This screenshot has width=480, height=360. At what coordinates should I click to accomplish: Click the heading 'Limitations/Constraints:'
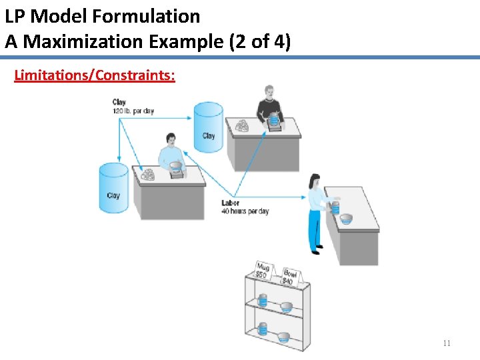95,74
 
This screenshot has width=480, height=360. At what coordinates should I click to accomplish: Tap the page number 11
447,343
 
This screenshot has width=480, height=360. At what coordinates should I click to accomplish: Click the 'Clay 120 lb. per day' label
133,107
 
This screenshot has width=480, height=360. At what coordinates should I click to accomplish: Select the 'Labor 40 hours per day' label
245,207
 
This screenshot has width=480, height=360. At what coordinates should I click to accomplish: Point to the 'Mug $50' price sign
263,271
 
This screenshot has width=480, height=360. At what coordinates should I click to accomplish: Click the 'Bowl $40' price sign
289,276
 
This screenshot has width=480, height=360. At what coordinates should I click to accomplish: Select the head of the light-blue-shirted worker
171,140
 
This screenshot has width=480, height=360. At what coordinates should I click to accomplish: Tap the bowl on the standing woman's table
345,218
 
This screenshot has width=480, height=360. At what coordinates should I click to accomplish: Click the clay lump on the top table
241,125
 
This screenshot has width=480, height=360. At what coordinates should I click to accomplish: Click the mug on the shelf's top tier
263,301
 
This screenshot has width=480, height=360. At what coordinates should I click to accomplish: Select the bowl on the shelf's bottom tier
284,337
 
